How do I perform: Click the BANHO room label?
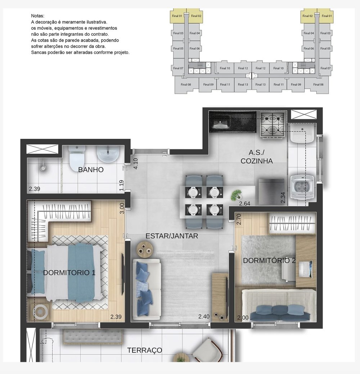(x=91, y=170)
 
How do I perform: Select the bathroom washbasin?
(x=108, y=154)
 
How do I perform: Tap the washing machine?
(x=302, y=186)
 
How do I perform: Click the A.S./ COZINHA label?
(x=257, y=157)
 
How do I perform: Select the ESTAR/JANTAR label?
(x=172, y=236)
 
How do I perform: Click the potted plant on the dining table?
(x=236, y=195)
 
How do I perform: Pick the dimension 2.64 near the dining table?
(x=244, y=203)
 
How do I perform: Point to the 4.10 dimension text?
(x=135, y=164)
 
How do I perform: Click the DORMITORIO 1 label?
(x=69, y=272)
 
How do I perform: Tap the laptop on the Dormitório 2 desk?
(x=306, y=269)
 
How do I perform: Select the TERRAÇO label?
(x=145, y=350)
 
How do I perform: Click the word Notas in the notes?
(x=38, y=16)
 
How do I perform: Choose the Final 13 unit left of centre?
(x=243, y=85)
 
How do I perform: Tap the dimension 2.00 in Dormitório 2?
(x=243, y=318)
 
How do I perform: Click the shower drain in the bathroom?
(x=43, y=168)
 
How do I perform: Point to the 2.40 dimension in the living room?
(x=204, y=316)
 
